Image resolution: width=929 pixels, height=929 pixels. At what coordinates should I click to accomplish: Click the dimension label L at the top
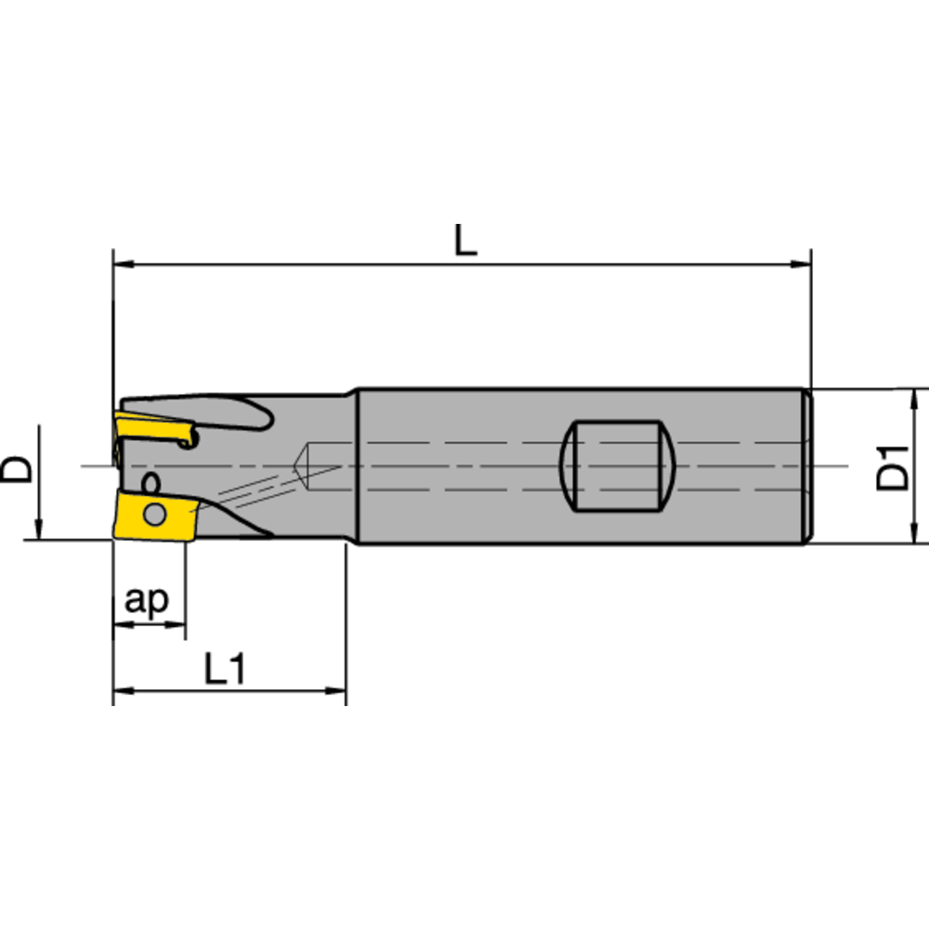click(465, 242)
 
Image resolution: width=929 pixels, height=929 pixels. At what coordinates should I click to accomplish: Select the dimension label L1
click(225, 669)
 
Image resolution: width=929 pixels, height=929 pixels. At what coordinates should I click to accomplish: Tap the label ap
click(148, 601)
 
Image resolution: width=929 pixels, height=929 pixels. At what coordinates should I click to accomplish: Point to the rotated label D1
click(894, 466)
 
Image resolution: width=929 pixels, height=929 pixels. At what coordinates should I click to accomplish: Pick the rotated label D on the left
click(18, 467)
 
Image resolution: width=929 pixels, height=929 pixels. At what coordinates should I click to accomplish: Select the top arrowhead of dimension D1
click(917, 398)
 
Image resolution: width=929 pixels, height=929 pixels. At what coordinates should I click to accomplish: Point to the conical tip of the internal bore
click(298, 465)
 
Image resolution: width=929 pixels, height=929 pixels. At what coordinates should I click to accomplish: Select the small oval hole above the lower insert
click(150, 482)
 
